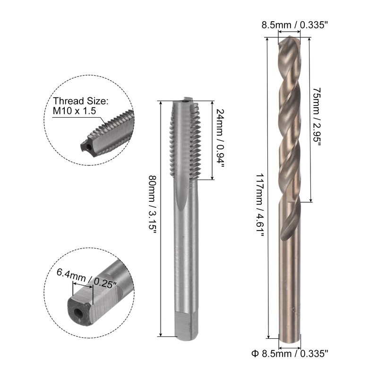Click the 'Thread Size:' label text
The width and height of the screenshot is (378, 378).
pos(81,101)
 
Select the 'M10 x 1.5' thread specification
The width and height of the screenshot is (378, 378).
pos(75,111)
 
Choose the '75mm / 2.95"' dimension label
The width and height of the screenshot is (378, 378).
pos(316,117)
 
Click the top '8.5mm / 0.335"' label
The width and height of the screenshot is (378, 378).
pos(295,25)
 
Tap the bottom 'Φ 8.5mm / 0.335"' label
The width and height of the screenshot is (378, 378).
pos(290,354)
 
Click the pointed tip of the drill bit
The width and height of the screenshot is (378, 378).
pos(291,37)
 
